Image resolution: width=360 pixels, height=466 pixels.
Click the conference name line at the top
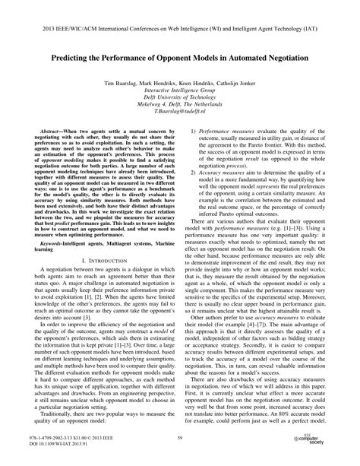click(180, 14)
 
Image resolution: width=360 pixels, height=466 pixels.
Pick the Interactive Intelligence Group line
click(180, 90)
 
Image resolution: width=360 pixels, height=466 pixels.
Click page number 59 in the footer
click(180, 439)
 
